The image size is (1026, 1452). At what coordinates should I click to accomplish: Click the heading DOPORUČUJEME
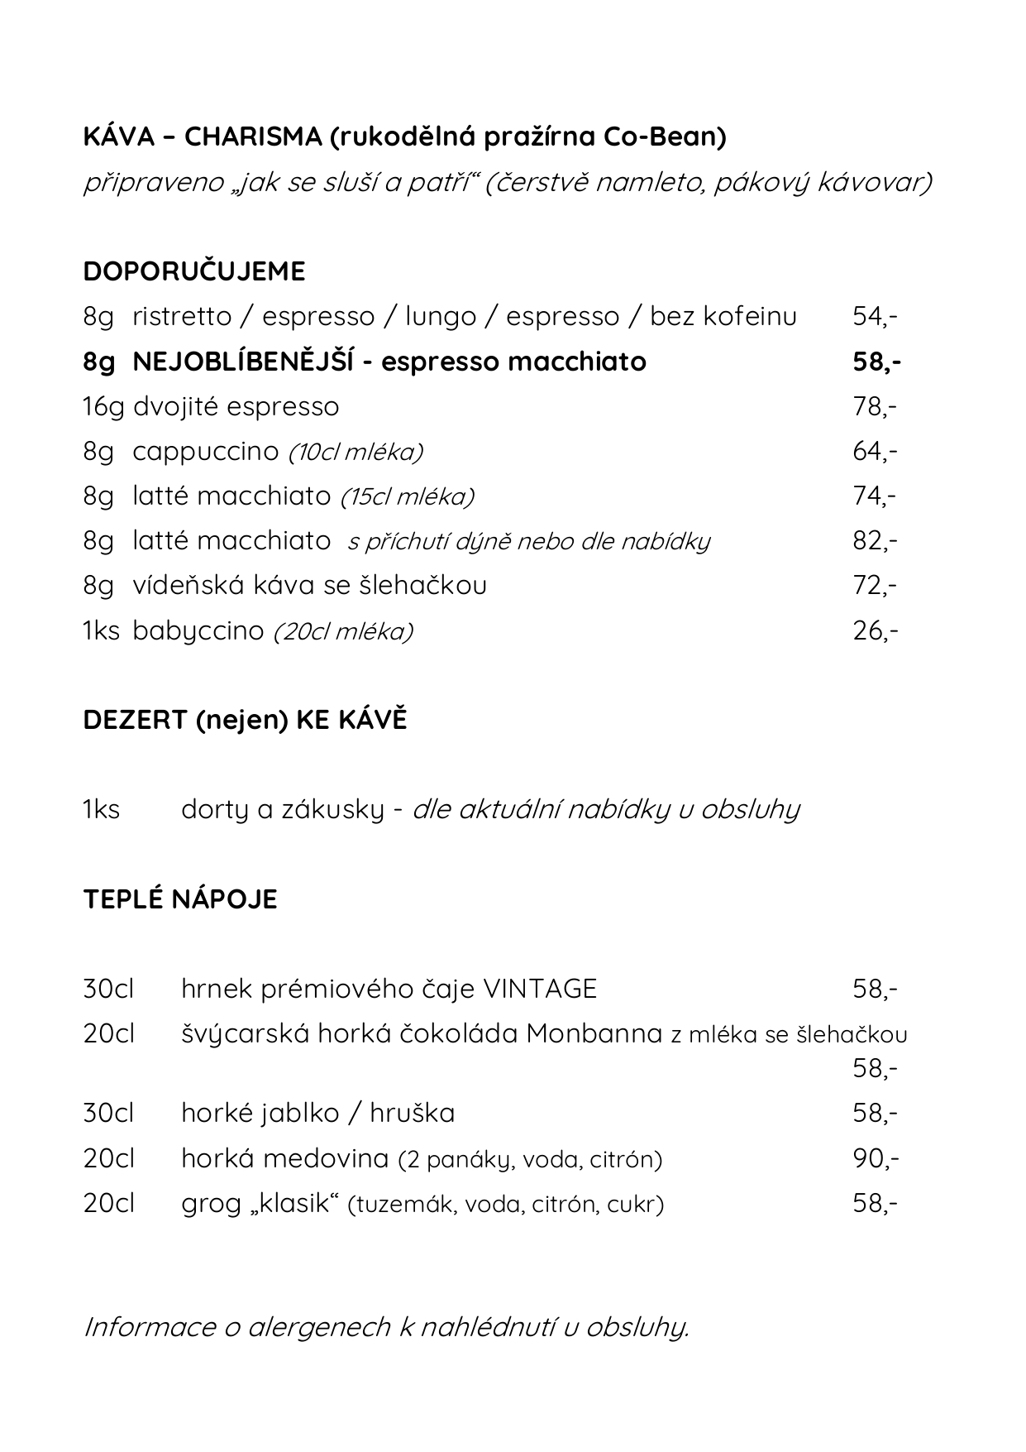194,271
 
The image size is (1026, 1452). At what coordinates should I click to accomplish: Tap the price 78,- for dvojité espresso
875,406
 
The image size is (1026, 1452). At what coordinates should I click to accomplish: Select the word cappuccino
206,451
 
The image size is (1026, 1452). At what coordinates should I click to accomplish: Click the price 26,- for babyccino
875,631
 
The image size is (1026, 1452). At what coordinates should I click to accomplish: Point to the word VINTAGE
539,989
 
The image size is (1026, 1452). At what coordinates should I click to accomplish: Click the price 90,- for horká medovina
875,1158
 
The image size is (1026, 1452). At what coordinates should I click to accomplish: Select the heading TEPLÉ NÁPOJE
180,899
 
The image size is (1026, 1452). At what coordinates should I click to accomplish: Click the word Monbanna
594,1033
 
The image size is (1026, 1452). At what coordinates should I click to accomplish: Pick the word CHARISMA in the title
253,137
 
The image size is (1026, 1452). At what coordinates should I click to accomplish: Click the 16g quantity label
103,407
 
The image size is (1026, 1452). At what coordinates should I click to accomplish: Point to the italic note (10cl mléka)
356,453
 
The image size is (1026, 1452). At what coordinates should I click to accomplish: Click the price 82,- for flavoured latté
875,541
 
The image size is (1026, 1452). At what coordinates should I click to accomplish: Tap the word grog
211,1204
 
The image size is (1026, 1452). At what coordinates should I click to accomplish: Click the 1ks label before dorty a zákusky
102,809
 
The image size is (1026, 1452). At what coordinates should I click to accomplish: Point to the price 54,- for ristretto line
875,317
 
